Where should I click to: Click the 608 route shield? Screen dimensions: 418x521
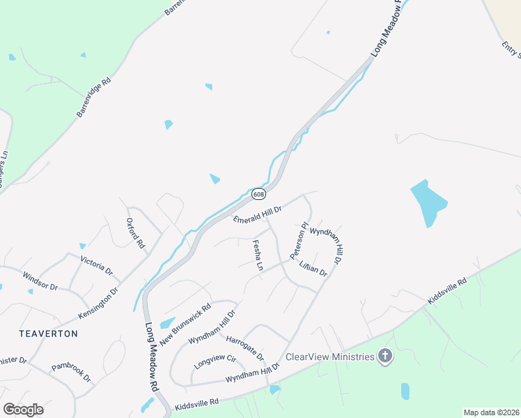point(258,194)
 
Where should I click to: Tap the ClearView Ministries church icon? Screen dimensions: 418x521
point(384,357)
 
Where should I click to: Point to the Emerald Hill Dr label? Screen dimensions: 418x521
point(257,215)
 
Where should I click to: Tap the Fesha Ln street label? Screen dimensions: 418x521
point(257,256)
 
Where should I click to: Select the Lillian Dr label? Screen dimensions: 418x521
point(313,268)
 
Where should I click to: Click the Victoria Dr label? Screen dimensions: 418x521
point(97,265)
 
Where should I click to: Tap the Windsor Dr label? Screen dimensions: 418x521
point(40,281)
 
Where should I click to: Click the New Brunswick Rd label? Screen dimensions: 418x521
point(185,325)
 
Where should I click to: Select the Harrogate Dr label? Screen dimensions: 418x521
point(245,348)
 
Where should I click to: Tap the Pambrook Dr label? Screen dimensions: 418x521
point(71,372)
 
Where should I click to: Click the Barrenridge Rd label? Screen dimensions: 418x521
point(94,97)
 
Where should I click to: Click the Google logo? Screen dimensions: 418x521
point(23,409)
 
